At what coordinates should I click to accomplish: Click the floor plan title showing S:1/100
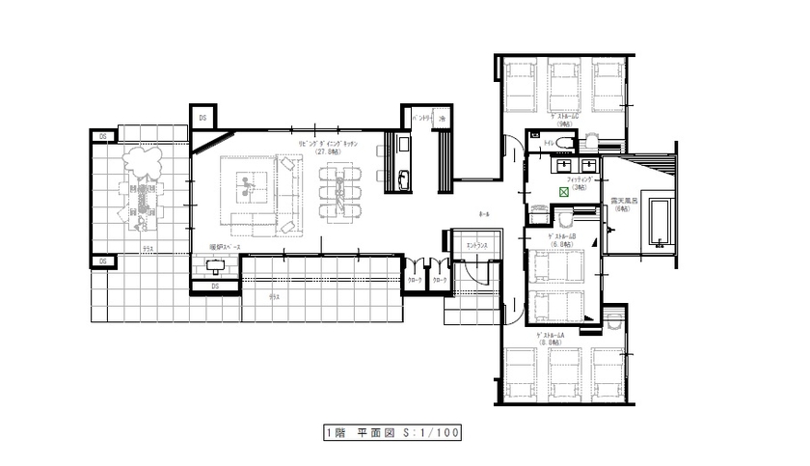[392, 433]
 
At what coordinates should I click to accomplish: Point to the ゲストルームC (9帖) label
[565, 120]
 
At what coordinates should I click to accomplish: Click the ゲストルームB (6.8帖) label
[561, 239]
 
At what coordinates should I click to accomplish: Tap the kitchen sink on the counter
[404, 178]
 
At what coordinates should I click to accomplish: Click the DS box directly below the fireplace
[215, 287]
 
